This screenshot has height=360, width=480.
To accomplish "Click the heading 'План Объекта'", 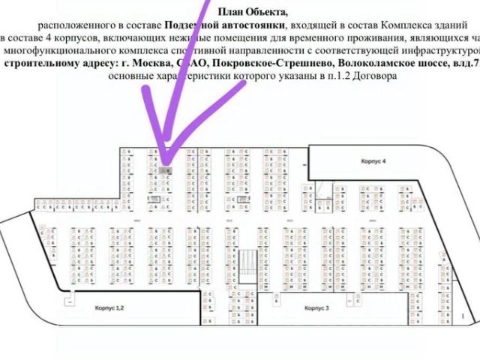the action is point(253,11).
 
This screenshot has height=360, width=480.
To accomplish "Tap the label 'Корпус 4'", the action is point(373,161).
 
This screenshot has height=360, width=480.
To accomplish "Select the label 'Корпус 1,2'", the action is point(108,308).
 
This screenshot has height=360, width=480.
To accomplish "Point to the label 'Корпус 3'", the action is point(317,308).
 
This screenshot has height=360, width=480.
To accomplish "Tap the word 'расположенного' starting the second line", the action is point(72,24).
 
